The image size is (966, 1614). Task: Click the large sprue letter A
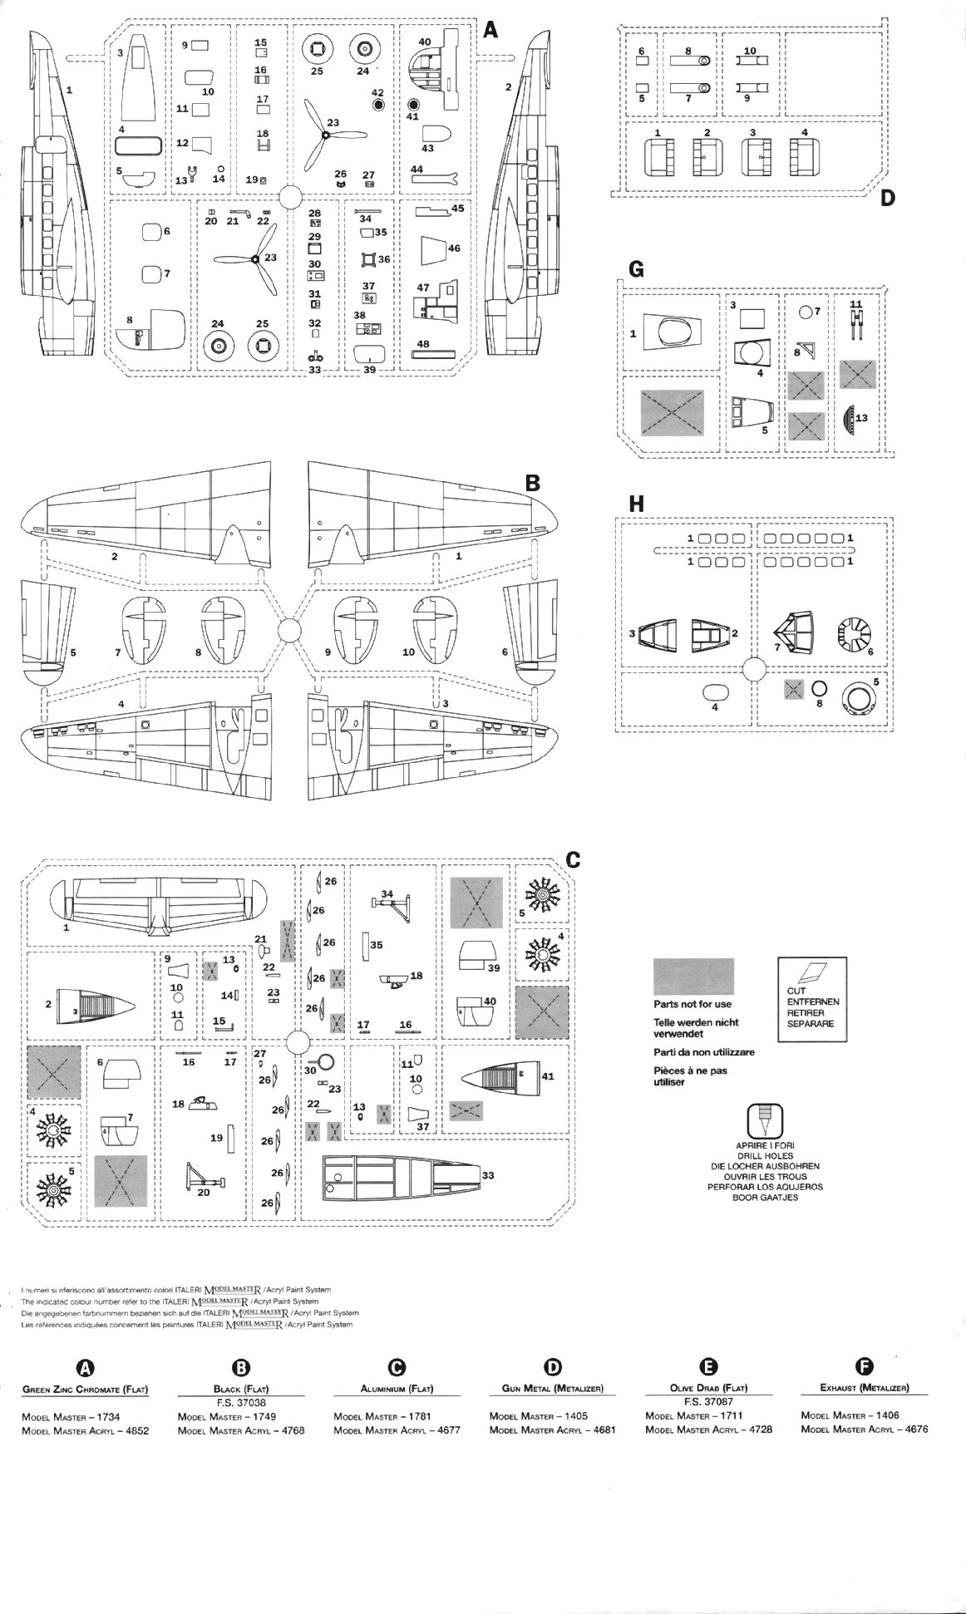point(490,30)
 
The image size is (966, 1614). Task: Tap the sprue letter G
point(637,268)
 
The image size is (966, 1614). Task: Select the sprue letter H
point(637,503)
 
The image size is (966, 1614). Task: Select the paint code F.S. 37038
point(240,1402)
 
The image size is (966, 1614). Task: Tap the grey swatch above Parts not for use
point(693,977)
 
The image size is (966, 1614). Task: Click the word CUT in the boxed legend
point(796,991)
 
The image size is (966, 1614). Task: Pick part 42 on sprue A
point(378,106)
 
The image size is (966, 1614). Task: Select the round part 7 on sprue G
point(805,312)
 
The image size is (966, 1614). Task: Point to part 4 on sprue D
point(805,154)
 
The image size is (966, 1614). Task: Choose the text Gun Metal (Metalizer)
point(552,1388)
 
